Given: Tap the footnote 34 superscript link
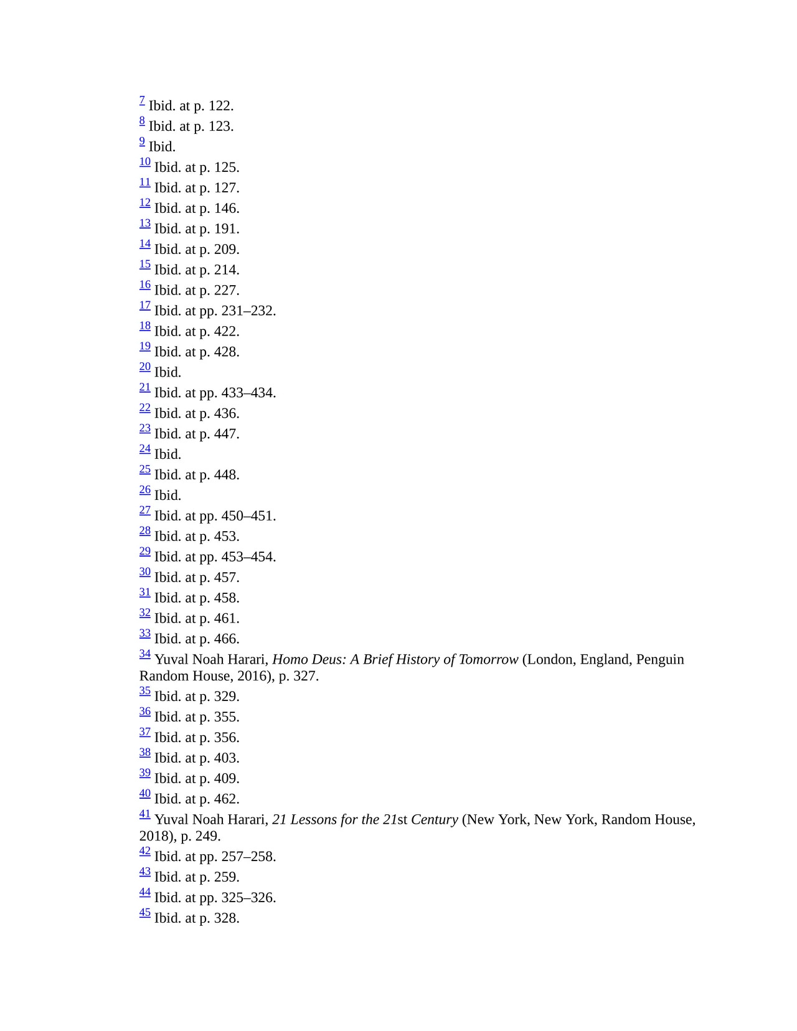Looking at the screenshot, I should [145, 654].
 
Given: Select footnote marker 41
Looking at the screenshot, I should [145, 814].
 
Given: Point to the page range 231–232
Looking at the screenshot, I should [247, 311].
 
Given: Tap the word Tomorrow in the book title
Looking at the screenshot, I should [488, 660].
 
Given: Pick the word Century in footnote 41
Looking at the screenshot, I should [434, 820].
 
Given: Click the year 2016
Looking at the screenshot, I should [253, 676].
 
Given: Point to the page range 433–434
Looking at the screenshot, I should [247, 393].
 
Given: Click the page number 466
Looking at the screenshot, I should [225, 639].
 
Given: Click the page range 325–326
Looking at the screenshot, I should [247, 898].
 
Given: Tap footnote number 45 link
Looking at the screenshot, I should [145, 913].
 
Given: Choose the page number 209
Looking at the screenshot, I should [225, 250].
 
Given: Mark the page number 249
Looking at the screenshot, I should [207, 836].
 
